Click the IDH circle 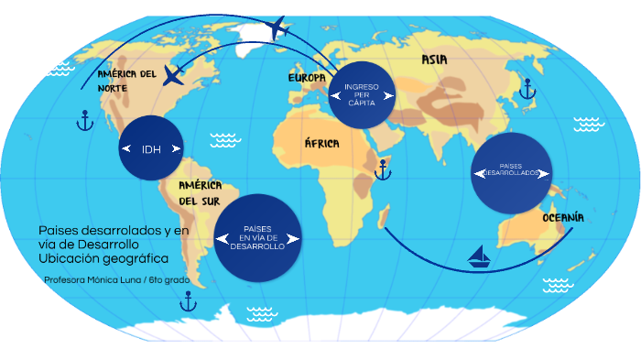click(151, 148)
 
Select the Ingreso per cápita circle click(362, 93)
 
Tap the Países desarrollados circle click(512, 172)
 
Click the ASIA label click(434, 60)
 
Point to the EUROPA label click(307, 78)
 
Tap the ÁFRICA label click(321, 144)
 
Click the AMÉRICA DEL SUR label click(201, 192)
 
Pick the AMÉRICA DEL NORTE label click(126, 81)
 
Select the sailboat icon click(478, 256)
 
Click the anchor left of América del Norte click(84, 119)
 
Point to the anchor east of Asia click(527, 88)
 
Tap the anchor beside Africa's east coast click(381, 168)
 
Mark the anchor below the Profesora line click(188, 300)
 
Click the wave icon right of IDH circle click(223, 140)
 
